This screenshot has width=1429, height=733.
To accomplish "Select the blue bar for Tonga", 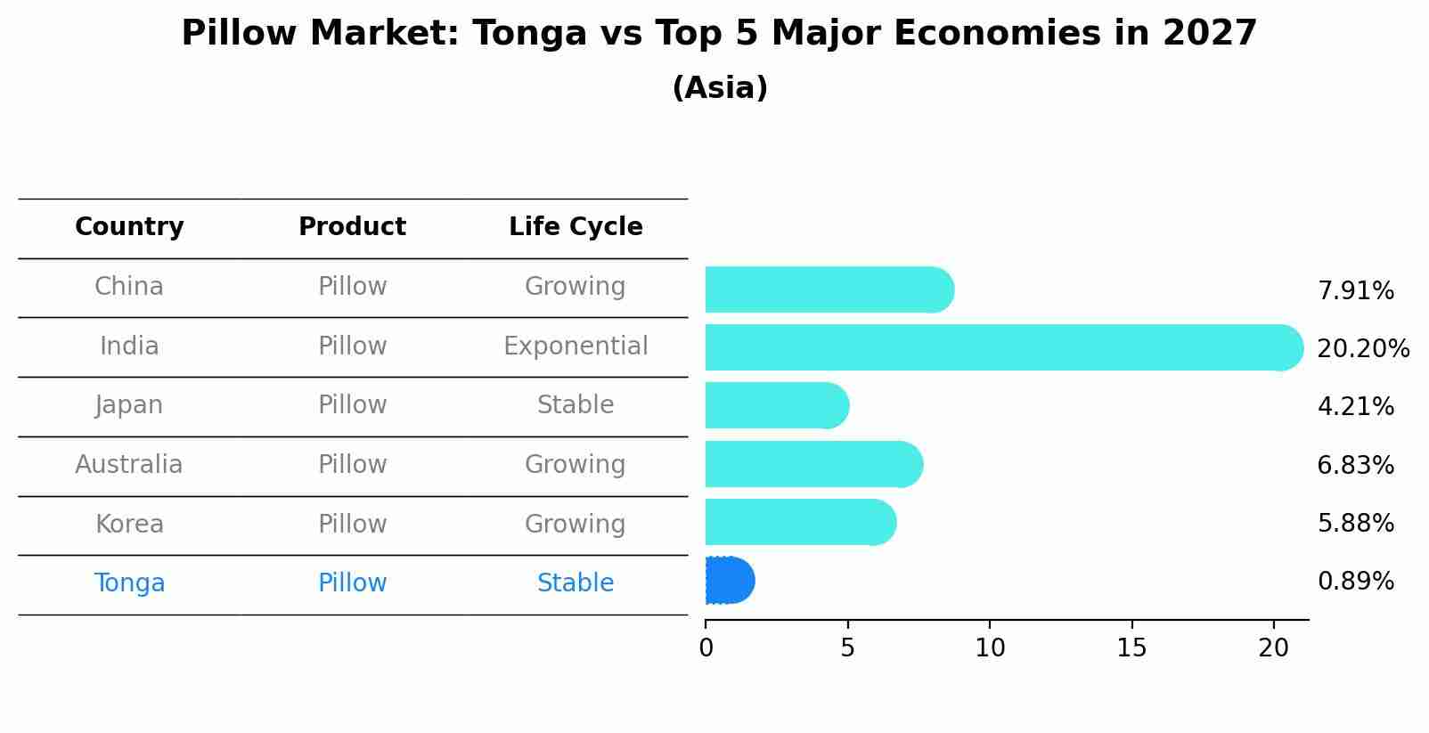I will (x=729, y=581).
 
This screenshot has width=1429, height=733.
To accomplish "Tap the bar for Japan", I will (x=776, y=405).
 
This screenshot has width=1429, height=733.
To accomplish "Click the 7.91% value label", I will (x=1355, y=291).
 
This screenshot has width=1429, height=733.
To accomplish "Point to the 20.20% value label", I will (x=1362, y=349).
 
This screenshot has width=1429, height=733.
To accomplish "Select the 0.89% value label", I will (x=1355, y=582).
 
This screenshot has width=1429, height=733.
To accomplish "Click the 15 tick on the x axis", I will (x=1131, y=648).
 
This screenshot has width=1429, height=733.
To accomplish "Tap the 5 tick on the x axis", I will (x=847, y=648).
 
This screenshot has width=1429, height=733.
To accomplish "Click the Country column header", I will (x=129, y=227).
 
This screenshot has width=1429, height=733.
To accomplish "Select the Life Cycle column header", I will (x=576, y=227).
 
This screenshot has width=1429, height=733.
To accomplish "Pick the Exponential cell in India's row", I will (x=576, y=346).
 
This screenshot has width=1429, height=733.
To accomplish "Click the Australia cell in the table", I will (x=129, y=465).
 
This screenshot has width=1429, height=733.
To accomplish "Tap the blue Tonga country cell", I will (x=129, y=583).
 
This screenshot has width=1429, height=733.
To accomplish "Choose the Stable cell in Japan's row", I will (x=576, y=405).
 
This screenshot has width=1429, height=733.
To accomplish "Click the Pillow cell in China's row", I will (x=352, y=287).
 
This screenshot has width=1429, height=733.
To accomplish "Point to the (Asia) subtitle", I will (x=719, y=88).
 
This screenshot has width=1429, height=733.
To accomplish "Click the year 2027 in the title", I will (x=1209, y=34).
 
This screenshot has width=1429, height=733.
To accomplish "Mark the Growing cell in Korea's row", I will (x=576, y=524).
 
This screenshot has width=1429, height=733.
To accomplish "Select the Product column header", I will (x=352, y=227).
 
